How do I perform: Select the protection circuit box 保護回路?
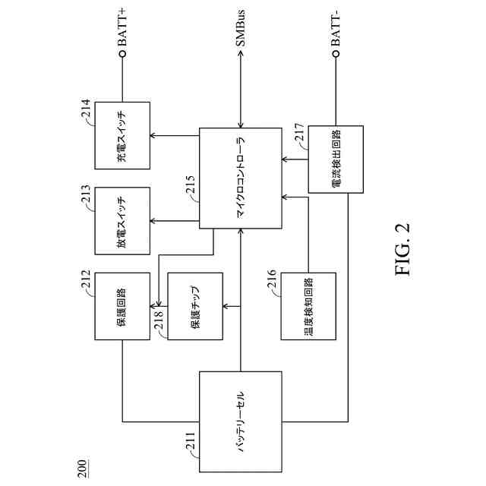coord(121,311)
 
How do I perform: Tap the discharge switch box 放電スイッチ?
coord(121,221)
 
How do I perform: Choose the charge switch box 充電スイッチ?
coord(121,136)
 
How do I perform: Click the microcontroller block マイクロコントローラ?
coord(241,178)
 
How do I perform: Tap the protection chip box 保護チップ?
coord(194,311)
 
